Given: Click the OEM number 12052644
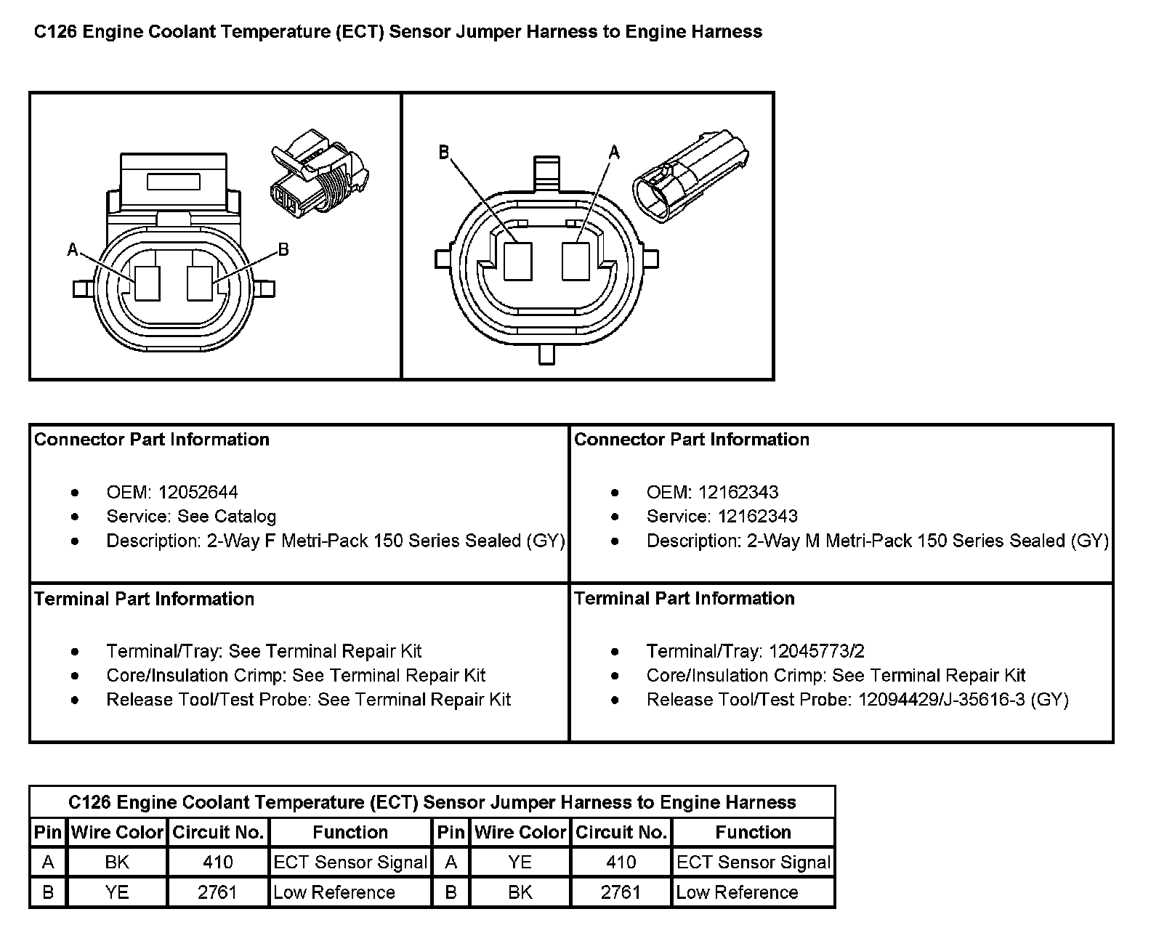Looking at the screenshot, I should [x=198, y=493].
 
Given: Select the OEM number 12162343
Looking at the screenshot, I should [x=738, y=493].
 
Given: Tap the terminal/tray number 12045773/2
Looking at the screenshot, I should [x=816, y=651].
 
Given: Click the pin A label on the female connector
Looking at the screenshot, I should [x=73, y=251].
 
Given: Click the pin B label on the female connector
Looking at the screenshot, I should [x=283, y=250].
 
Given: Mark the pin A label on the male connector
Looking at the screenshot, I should [x=614, y=153].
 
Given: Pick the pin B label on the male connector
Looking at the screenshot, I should [x=444, y=153].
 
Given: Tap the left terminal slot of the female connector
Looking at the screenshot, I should [x=148, y=283].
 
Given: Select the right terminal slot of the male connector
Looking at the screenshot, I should [x=575, y=262].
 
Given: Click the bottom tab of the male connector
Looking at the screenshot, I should [x=546, y=354].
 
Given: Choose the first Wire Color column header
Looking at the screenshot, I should [x=118, y=832].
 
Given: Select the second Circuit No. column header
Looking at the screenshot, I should [x=621, y=832].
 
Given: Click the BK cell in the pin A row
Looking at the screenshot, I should [x=117, y=863].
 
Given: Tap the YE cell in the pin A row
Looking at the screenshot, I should [x=520, y=863].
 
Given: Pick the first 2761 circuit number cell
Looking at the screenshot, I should [x=217, y=892].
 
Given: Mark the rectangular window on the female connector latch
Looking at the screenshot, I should [x=174, y=181].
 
